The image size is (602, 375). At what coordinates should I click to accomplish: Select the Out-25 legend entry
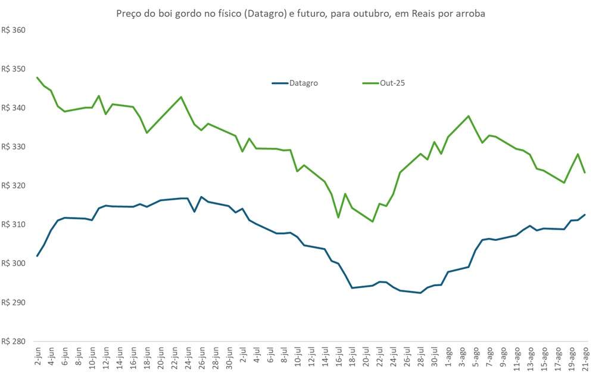pos(392,83)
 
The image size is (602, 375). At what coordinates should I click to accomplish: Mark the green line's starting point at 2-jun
pos(38,78)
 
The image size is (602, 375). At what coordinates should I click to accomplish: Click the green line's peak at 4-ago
pos(469,116)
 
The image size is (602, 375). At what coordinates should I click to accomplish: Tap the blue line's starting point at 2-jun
pos(38,256)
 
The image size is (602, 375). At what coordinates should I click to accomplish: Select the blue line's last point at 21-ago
pos(585,215)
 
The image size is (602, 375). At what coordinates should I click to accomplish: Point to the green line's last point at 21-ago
pos(585,172)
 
